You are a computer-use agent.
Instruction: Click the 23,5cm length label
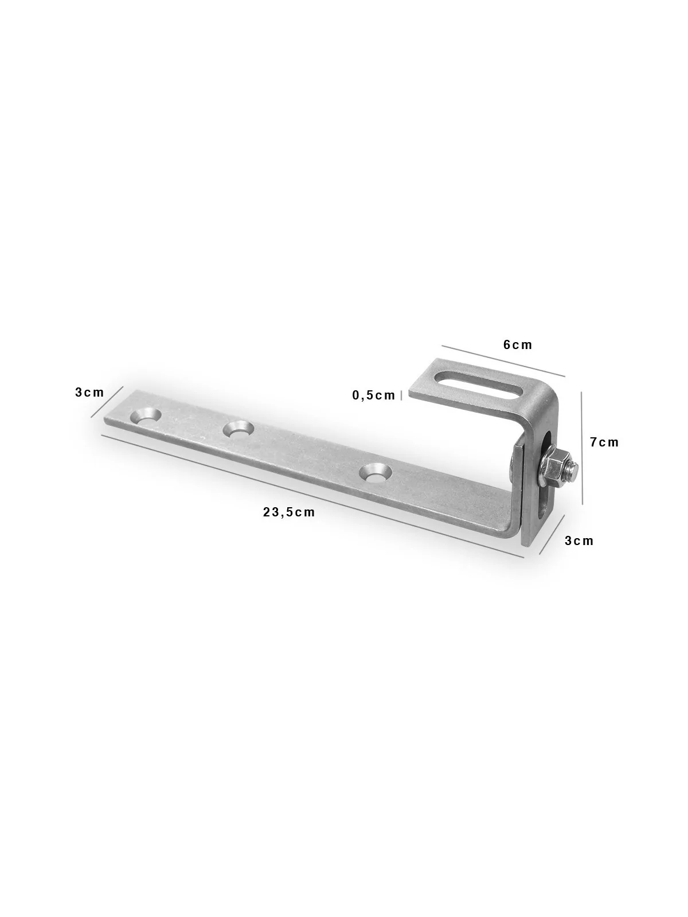click(288, 512)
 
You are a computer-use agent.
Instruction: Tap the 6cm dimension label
click(518, 344)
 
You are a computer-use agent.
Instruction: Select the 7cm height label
click(604, 442)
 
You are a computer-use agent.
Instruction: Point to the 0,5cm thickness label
click(373, 395)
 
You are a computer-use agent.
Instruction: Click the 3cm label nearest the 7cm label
click(579, 540)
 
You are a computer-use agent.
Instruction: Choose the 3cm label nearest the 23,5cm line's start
click(89, 392)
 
